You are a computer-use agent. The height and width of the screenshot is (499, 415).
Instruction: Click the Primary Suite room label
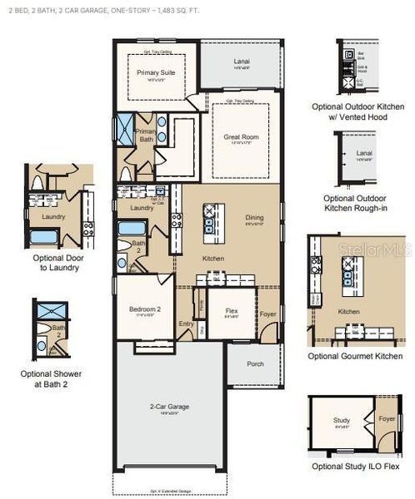[x=153, y=73]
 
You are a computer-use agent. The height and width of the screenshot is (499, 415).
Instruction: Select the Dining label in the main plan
[x=255, y=218]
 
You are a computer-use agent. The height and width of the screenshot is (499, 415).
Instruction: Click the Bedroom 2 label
[x=144, y=309]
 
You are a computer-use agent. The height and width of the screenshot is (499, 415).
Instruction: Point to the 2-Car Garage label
[x=169, y=407]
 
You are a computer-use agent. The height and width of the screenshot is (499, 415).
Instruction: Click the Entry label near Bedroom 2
[x=186, y=324]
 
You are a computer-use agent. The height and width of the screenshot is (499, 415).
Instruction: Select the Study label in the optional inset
[x=341, y=422]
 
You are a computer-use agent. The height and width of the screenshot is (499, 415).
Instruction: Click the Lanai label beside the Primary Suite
[x=240, y=62]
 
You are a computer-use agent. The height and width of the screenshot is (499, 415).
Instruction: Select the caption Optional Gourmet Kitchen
[x=355, y=356]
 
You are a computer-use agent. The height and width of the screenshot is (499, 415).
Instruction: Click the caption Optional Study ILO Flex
[x=356, y=467]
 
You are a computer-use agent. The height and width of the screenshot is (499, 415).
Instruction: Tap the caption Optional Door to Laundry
[x=56, y=263]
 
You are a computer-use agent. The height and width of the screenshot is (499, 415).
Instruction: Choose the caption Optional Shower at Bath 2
[x=56, y=379]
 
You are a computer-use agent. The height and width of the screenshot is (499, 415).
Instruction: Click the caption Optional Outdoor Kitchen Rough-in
[x=357, y=205]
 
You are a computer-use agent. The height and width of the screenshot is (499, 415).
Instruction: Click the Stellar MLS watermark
[x=379, y=248]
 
